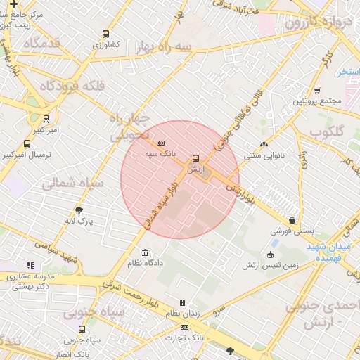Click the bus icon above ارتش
pos(195,158)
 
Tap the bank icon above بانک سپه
pos(161,143)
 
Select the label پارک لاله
pos(79,221)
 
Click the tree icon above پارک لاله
pos(79,210)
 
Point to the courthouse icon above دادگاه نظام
pos(145,252)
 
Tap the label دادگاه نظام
pos(145,262)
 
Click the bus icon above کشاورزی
pos(106,34)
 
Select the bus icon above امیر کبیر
pos(46,119)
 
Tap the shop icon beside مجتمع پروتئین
pos(317,90)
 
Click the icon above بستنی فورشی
pos(292,219)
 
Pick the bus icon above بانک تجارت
pos(185,327)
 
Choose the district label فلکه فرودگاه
pos(63,86)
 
